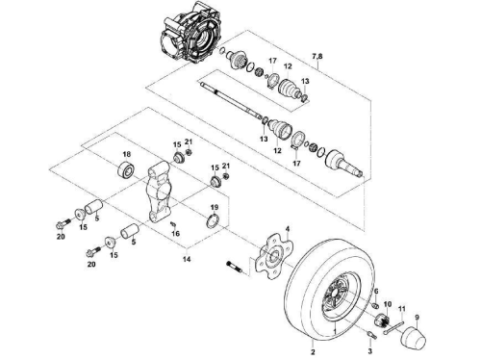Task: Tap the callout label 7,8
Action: coord(317,57)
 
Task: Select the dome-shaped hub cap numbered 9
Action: coord(414,338)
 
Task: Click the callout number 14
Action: coord(187,259)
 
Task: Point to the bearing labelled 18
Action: coord(126,169)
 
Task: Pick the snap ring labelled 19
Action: coord(213,221)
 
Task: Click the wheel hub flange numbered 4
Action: coord(274,256)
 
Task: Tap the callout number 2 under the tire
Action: coord(313,352)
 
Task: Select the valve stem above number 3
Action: coord(371,335)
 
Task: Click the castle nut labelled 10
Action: coord(383,320)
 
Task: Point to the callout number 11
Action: coord(402,309)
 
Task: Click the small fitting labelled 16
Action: coord(173,223)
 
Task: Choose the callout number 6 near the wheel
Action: coord(376,292)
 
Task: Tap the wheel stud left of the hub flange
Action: coord(236,269)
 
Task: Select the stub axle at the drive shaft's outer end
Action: coord(344,163)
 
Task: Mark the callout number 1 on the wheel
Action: coord(335,330)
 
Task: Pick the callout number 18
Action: coord(126,155)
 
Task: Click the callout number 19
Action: coord(215,207)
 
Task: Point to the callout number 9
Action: coord(417,318)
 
